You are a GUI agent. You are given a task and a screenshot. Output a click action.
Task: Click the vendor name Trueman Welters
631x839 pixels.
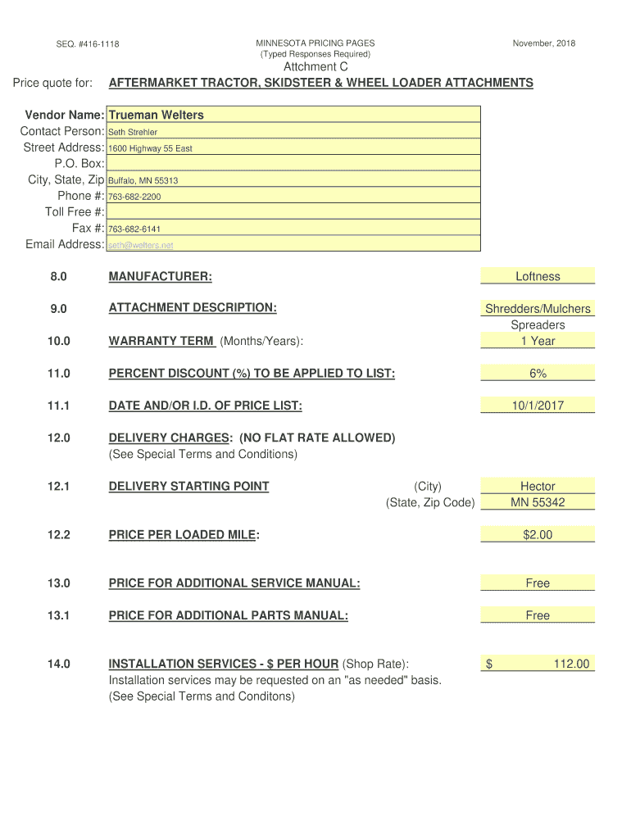point(156,115)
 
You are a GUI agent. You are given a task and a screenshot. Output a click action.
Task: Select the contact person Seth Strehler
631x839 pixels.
point(133,132)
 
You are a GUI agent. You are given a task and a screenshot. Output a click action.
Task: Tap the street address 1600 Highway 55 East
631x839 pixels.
point(150,148)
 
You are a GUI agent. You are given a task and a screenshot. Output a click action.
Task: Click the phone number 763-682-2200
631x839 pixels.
point(134,197)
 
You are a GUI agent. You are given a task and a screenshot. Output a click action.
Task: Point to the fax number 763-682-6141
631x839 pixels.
point(134,229)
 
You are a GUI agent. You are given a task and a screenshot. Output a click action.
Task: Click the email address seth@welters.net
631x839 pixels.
point(141,245)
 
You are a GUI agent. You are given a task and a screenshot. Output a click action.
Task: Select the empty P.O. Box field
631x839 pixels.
point(293,164)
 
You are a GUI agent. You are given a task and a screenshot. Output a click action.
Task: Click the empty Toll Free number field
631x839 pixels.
point(293,212)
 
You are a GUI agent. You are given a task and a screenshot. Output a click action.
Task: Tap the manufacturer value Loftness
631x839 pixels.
point(538,277)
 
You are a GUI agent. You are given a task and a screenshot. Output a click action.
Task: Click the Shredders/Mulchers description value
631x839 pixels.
point(538,309)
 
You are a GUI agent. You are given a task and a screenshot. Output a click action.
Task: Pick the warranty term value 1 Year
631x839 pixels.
point(538,341)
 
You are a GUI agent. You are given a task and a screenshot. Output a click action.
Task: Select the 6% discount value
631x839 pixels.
point(538,374)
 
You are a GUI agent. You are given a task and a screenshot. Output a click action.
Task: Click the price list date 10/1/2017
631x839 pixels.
point(538,406)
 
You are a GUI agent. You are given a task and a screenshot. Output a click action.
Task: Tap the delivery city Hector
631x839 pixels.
point(538,487)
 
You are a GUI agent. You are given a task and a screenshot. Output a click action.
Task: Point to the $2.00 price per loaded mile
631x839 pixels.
point(538,535)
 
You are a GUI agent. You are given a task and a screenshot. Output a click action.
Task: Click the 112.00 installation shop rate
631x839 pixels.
point(571,664)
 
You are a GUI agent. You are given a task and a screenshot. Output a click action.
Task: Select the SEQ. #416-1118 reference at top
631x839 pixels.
point(88,43)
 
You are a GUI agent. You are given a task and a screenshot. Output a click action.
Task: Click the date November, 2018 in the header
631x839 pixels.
point(544,43)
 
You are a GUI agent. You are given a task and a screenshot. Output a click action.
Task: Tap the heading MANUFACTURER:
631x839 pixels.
point(160,277)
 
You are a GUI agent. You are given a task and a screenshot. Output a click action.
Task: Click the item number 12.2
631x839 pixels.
point(59,535)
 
